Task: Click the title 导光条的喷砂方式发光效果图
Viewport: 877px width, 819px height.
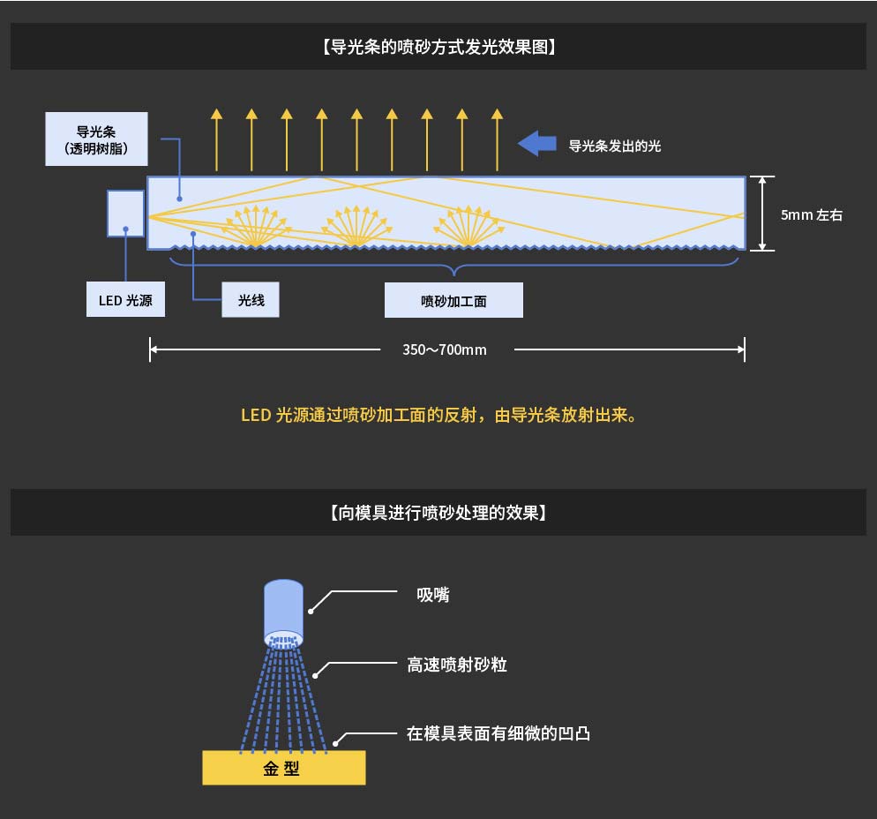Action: [x=438, y=47]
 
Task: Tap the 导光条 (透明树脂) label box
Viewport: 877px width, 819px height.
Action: [x=97, y=139]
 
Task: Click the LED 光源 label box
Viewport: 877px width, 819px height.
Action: [x=125, y=300]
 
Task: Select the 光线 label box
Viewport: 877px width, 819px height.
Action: [x=251, y=300]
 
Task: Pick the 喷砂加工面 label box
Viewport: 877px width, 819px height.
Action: [x=453, y=301]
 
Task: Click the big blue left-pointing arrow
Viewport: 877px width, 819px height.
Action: [x=536, y=143]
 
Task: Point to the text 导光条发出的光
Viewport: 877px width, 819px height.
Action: [x=615, y=147]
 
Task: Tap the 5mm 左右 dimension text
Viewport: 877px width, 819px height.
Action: [x=811, y=214]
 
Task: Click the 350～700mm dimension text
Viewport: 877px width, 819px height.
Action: [x=445, y=349]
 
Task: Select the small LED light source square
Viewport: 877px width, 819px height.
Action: [x=125, y=213]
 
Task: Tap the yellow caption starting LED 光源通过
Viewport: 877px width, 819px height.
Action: [x=438, y=415]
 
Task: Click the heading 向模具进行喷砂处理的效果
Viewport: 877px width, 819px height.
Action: [x=438, y=512]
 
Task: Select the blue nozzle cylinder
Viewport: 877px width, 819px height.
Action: [x=285, y=610]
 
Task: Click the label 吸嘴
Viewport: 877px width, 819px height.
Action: [x=433, y=596]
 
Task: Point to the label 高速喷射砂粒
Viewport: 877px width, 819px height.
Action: [x=457, y=665]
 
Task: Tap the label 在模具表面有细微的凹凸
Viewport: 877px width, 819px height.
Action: [x=498, y=733]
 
